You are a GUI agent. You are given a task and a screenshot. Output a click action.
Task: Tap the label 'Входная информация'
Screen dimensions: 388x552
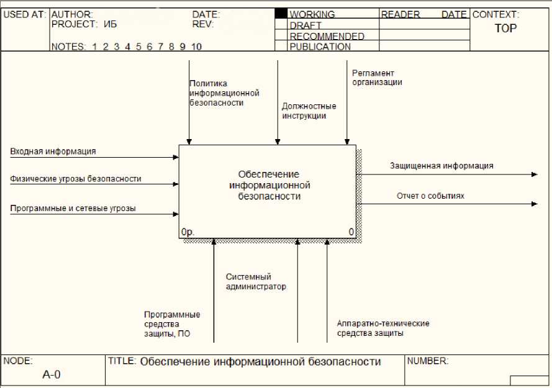click(53, 151)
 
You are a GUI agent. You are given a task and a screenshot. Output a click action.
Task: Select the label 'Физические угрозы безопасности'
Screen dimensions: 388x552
click(76, 179)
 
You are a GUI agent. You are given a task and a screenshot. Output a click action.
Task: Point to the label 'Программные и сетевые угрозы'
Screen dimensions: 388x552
click(73, 209)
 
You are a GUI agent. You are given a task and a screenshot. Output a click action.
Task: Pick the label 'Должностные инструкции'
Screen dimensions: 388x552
click(309, 111)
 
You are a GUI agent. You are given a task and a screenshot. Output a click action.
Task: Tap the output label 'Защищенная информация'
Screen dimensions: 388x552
click(441, 166)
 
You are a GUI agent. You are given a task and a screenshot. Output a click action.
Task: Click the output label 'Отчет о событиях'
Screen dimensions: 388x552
click(430, 196)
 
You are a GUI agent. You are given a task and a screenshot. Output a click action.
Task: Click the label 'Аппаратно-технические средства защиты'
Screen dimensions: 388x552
click(382, 328)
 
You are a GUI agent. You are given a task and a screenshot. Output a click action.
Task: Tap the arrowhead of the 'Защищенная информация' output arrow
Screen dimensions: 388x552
click(535, 174)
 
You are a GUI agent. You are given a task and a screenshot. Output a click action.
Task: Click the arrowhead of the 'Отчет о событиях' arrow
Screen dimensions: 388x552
click(535, 204)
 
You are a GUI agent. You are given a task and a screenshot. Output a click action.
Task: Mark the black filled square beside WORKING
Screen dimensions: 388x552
click(281, 13)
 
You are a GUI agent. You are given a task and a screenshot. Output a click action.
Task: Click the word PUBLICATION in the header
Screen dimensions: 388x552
click(320, 47)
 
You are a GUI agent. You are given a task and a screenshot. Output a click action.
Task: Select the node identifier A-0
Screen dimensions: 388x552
click(52, 374)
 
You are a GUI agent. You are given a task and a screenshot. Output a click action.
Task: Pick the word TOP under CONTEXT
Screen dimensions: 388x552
click(505, 29)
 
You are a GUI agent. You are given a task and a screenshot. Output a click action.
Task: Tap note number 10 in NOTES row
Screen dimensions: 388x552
click(196, 47)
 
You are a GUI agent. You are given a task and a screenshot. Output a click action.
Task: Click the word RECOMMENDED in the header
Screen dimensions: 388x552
click(327, 36)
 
